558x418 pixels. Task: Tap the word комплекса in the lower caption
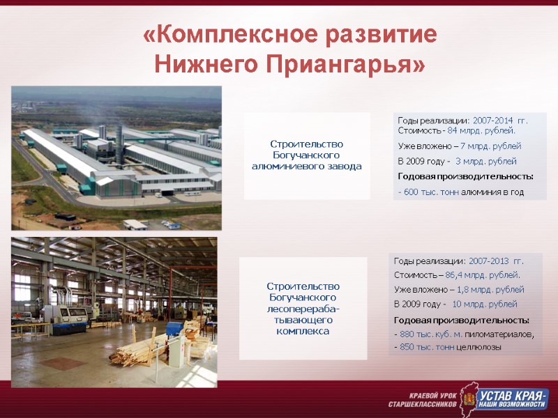click(303, 332)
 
